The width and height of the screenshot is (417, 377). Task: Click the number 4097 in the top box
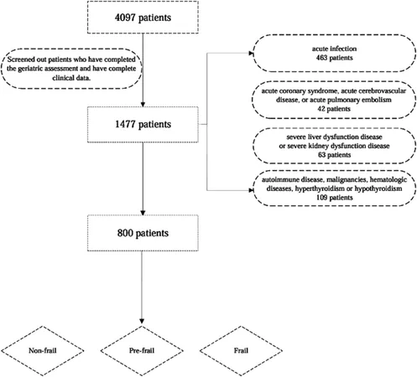click(x=125, y=18)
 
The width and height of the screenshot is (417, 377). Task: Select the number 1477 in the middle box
click(x=125, y=124)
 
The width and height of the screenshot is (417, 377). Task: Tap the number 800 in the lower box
click(x=126, y=233)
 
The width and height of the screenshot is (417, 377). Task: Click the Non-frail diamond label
click(x=43, y=350)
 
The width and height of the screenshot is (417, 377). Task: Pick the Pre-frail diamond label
click(x=142, y=350)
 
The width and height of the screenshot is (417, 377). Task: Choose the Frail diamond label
click(x=241, y=350)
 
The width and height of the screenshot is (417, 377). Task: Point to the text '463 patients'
click(x=335, y=58)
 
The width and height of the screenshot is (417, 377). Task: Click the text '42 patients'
click(x=334, y=109)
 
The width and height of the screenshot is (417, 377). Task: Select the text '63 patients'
click(x=334, y=155)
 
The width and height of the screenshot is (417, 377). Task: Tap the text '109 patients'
click(x=335, y=198)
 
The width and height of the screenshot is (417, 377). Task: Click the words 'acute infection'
click(x=335, y=49)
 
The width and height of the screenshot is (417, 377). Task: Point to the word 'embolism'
click(x=378, y=100)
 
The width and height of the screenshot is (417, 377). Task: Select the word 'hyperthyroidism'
click(x=320, y=188)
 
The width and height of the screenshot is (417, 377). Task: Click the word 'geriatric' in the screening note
click(x=29, y=69)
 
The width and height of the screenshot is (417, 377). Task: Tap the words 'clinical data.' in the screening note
click(x=71, y=78)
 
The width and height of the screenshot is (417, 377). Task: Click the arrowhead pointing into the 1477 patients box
click(x=143, y=105)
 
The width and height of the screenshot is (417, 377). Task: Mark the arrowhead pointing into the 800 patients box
click(x=143, y=213)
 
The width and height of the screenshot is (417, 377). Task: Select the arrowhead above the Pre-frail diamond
click(x=142, y=321)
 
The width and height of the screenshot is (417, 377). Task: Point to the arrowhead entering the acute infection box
click(x=251, y=53)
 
